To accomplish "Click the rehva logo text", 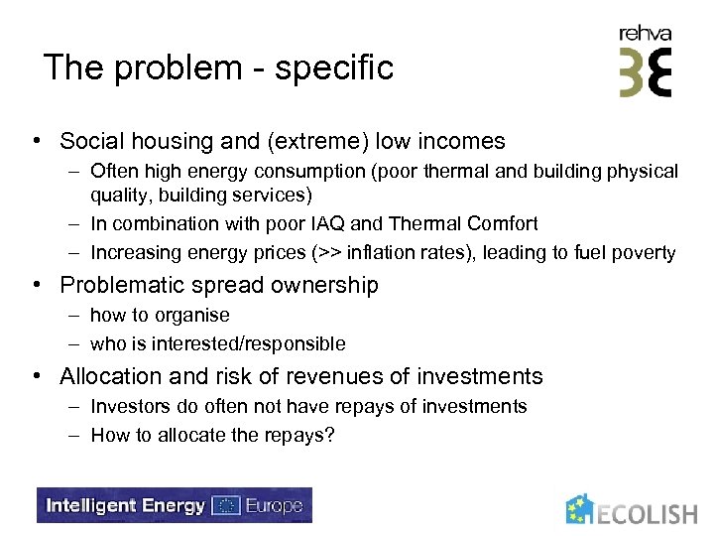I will (x=645, y=34).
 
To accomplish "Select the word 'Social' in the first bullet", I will (x=92, y=142).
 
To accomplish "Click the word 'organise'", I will (x=192, y=316).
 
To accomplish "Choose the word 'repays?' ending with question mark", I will (x=300, y=435).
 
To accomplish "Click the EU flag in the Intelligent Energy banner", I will (x=226, y=505).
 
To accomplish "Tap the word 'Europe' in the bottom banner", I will (x=272, y=505).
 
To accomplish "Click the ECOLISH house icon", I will (x=581, y=509).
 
